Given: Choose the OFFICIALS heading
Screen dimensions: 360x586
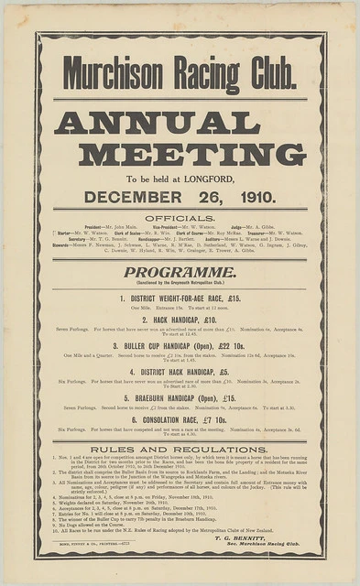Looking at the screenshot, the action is pos(180,218).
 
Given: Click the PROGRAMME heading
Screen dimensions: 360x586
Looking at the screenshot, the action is pos(180,272).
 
